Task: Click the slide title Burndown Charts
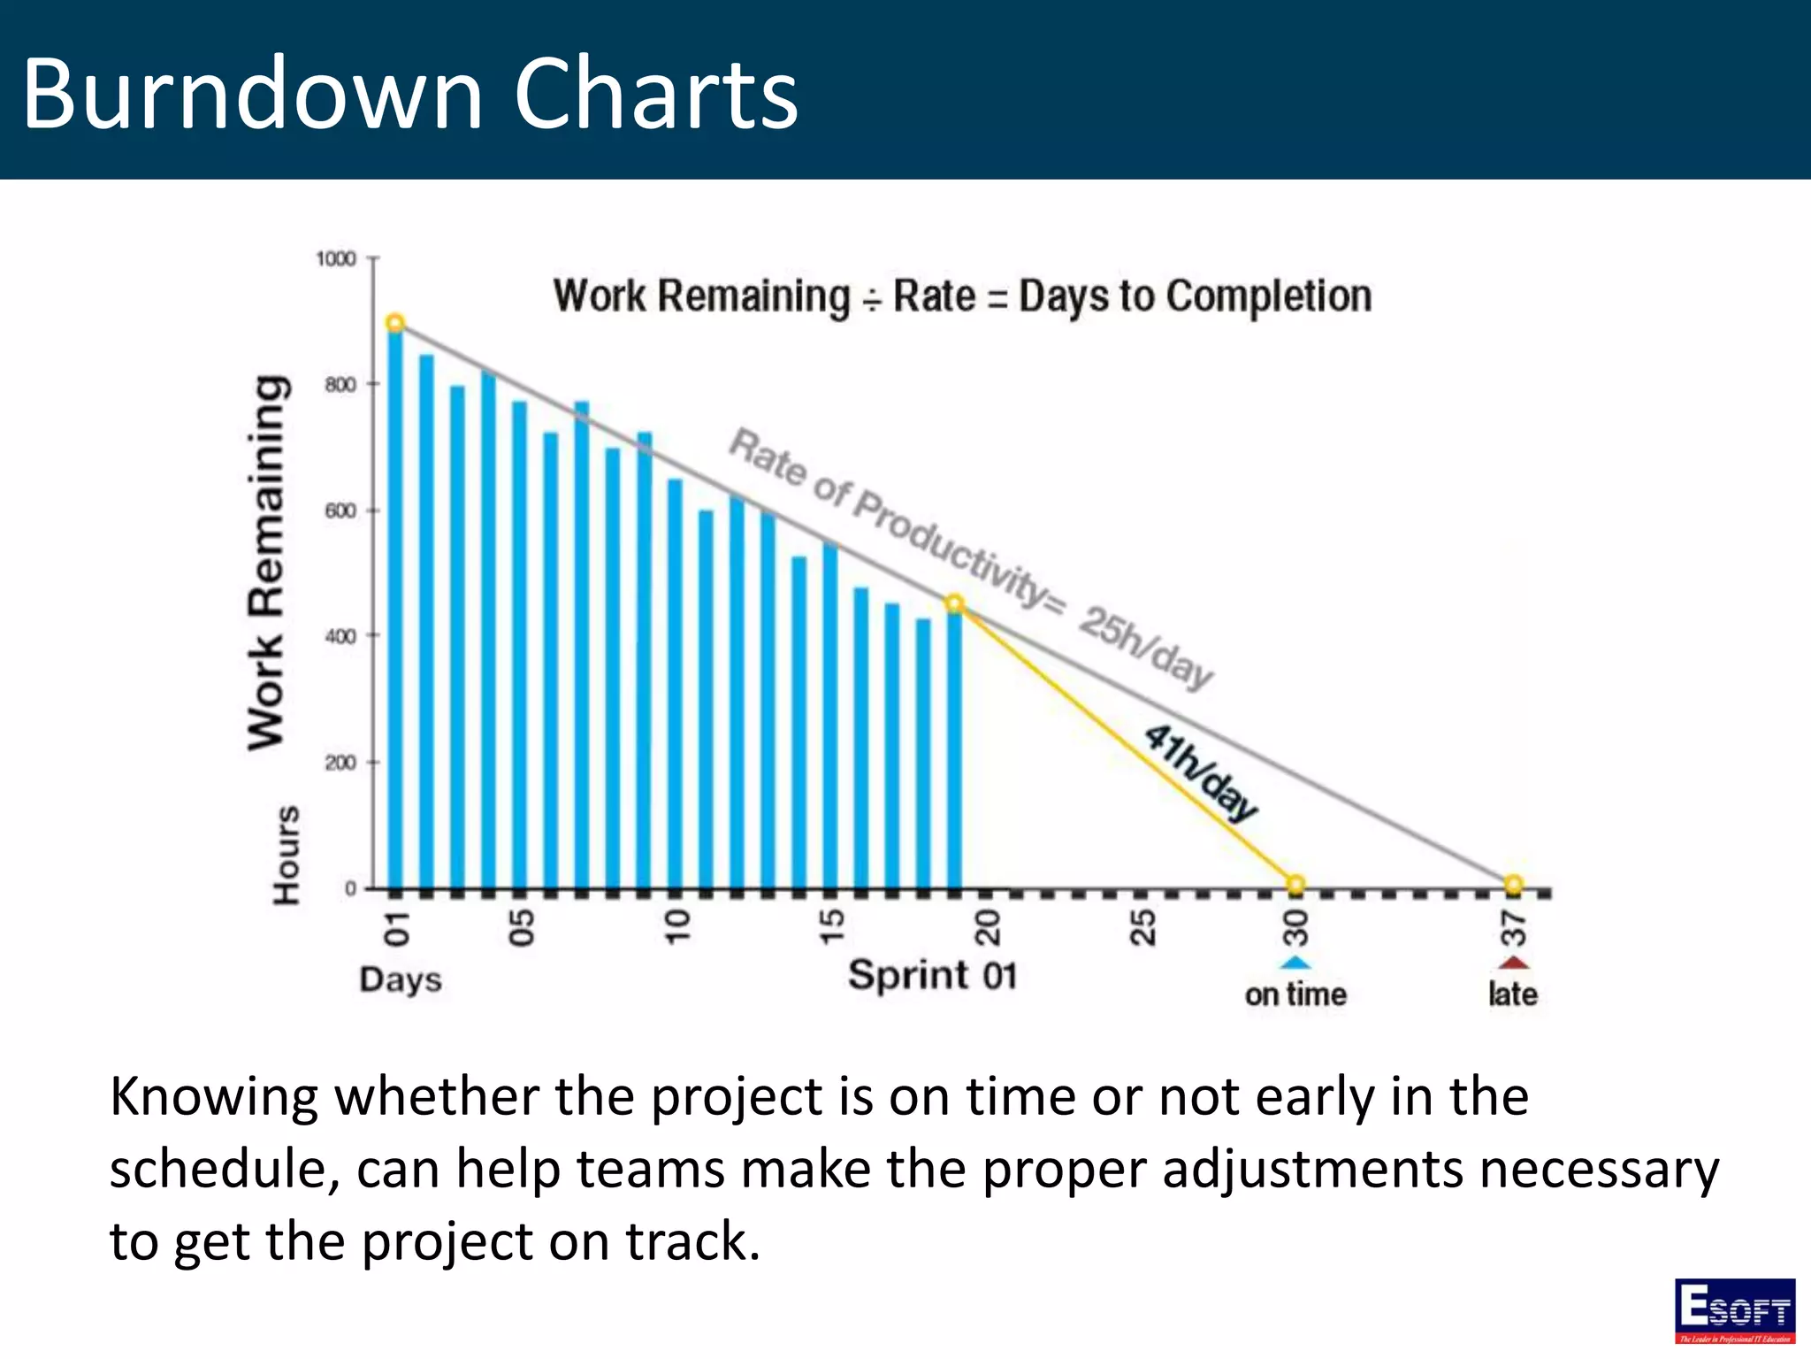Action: (409, 93)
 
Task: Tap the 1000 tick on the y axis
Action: (336, 259)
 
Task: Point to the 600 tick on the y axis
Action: (340, 511)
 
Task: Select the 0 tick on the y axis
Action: (351, 888)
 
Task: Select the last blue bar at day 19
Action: (954, 752)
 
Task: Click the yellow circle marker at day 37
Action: (1513, 884)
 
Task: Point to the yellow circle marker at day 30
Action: (1295, 884)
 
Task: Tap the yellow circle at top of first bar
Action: (395, 323)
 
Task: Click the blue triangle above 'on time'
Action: (1295, 963)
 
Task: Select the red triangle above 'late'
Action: (1514, 963)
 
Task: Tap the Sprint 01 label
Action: (932, 976)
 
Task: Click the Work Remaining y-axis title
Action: (266, 563)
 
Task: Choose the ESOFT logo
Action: (1734, 1310)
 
